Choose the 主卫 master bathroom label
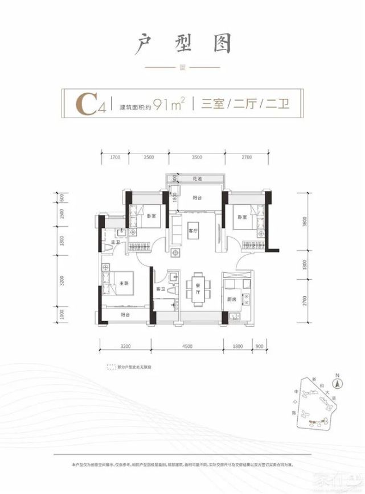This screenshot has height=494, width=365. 114,243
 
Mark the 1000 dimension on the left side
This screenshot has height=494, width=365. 62,315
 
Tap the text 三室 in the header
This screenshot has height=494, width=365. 208,105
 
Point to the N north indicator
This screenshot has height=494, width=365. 337,376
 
